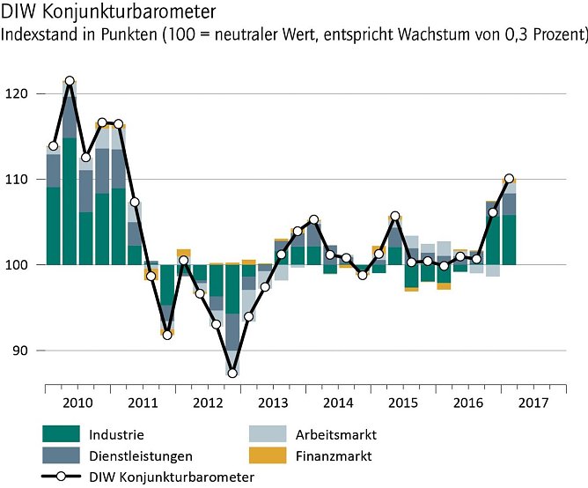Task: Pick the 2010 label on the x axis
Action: (77, 403)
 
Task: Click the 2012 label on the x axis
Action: (208, 403)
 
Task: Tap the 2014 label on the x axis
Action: (338, 403)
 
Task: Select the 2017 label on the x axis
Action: (533, 403)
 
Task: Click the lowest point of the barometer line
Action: (232, 373)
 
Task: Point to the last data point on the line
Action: (509, 179)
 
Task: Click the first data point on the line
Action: (53, 145)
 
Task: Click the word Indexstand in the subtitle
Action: (38, 37)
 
